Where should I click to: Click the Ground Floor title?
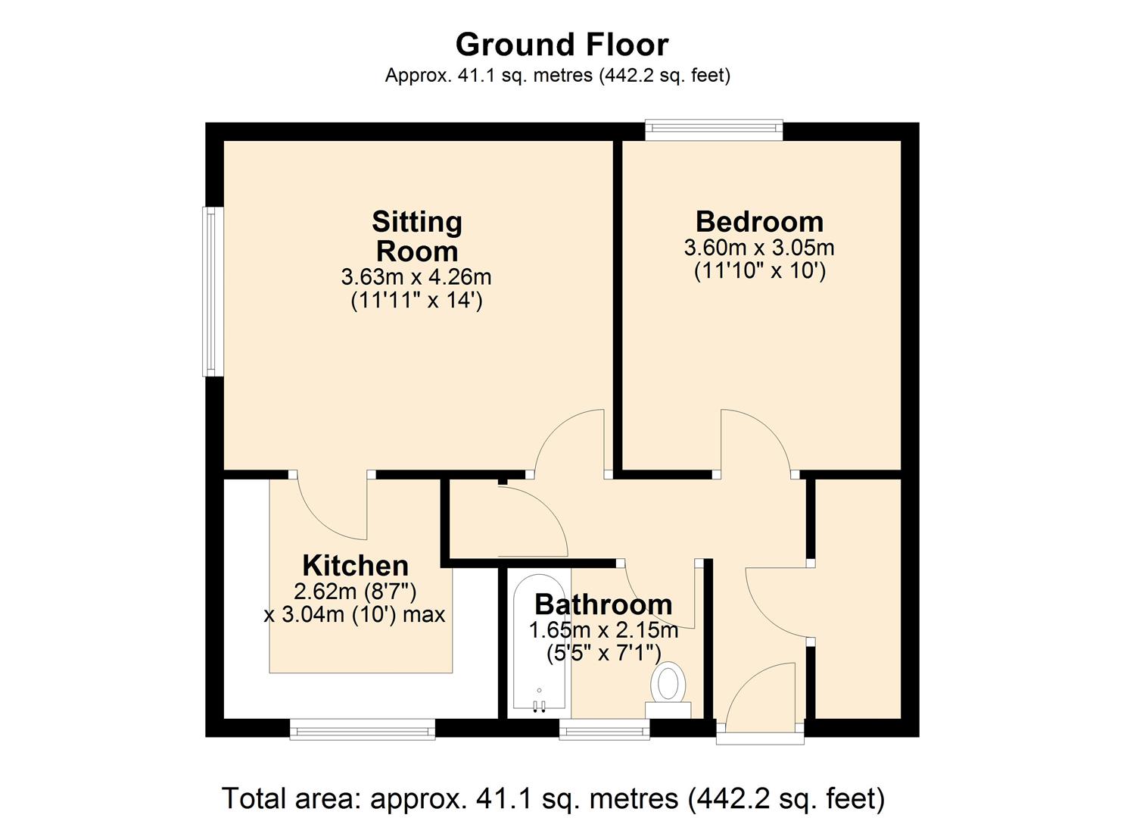click(x=562, y=45)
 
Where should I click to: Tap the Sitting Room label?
click(x=416, y=236)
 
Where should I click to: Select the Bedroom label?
click(x=759, y=222)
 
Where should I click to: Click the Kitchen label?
click(x=355, y=566)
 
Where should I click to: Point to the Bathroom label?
click(x=603, y=604)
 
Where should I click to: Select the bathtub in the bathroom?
click(x=539, y=644)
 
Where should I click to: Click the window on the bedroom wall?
click(x=714, y=130)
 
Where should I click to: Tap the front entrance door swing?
click(x=761, y=697)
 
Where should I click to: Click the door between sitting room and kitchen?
click(x=331, y=507)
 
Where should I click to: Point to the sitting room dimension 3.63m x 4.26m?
click(x=416, y=276)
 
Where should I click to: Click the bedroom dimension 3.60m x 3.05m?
click(x=759, y=248)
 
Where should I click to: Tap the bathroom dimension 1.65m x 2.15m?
click(x=603, y=630)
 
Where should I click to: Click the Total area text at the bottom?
click(x=553, y=798)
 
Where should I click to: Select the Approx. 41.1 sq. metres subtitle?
click(x=557, y=76)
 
